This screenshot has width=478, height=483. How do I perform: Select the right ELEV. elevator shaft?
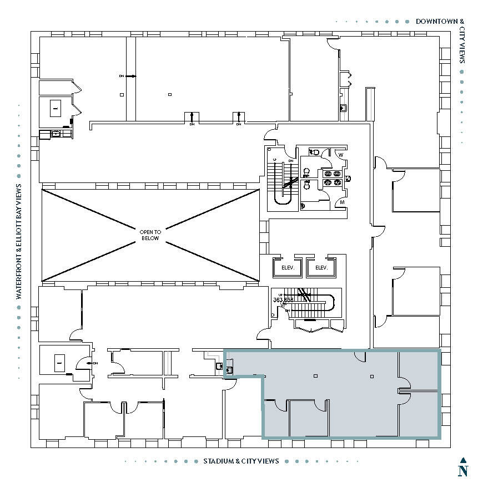pos(321,268)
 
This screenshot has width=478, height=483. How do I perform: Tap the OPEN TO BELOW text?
pos(150,235)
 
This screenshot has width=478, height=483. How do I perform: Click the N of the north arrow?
pos(462,471)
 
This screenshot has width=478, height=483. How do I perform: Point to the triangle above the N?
pos(462,460)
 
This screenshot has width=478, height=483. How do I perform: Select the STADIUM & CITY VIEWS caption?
pos(241,461)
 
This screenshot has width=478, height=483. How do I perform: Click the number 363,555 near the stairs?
pos(283,299)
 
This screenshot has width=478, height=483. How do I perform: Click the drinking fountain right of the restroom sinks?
pos(348,179)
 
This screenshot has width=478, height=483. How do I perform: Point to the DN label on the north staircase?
pos(290,160)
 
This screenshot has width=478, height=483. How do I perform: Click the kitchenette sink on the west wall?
pos(55,134)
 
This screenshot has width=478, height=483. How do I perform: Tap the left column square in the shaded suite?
pos(315,376)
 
